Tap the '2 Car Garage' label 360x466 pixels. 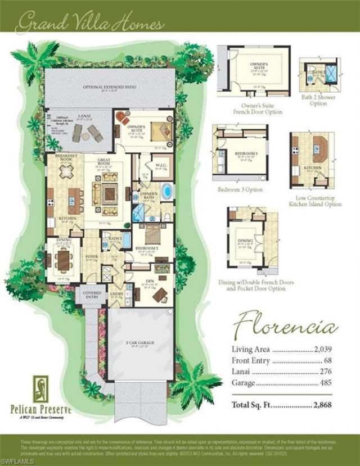point(141,342)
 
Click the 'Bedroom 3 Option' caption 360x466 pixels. point(240,190)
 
